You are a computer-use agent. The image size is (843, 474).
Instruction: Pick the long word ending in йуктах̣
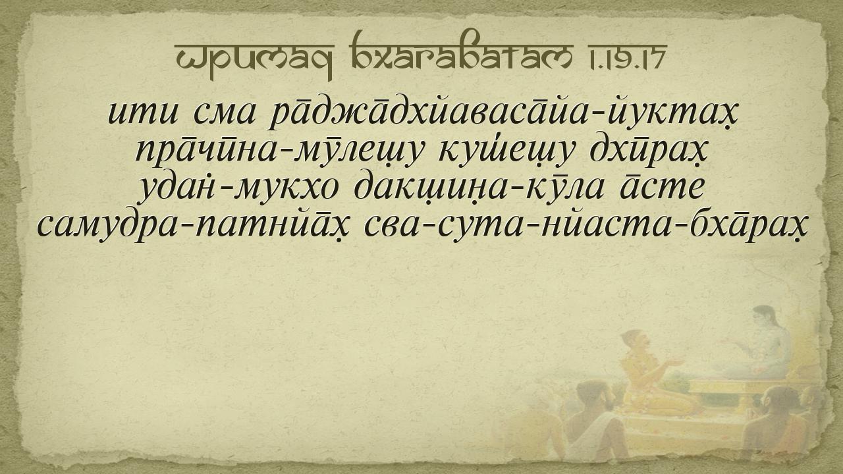point(502,112)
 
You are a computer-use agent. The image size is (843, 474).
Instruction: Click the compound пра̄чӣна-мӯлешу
point(277,153)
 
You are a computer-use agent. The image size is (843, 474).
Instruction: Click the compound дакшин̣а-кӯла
point(479,189)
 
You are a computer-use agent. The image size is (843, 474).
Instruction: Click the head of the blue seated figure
point(763,319)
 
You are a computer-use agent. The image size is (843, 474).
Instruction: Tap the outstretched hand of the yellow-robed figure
point(676,362)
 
